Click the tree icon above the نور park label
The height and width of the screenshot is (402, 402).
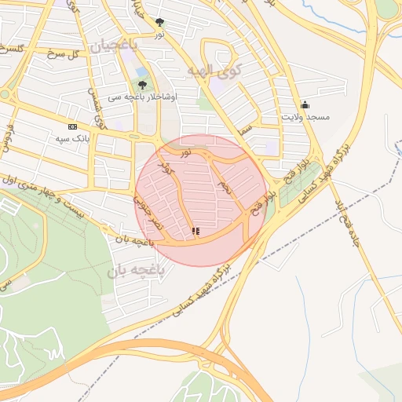(x=160, y=23)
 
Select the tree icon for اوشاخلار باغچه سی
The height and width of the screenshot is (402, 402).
(x=142, y=85)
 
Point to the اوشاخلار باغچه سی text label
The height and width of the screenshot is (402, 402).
(x=150, y=96)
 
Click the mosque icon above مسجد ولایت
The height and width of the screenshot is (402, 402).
(x=305, y=105)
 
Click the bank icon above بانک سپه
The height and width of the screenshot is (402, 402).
(x=73, y=126)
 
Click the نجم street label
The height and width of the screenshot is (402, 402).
(x=225, y=188)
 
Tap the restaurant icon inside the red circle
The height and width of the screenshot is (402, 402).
(x=195, y=232)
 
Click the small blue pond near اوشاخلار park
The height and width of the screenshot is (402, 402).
(x=142, y=72)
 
